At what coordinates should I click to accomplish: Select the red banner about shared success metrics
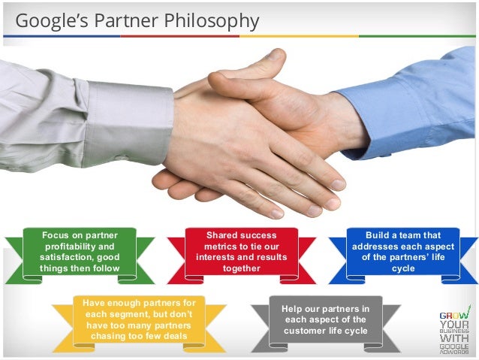click(x=242, y=252)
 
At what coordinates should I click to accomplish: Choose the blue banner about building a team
click(x=402, y=252)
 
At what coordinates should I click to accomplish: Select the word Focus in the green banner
click(x=58, y=235)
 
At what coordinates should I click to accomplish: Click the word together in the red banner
click(x=242, y=268)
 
